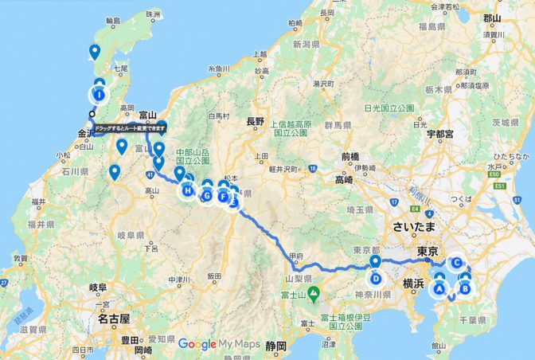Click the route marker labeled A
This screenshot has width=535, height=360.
[438, 289]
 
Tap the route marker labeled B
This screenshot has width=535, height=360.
[466, 289]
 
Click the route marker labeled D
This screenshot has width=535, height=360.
[375, 278]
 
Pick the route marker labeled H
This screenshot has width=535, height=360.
[187, 191]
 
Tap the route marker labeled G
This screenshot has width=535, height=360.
[207, 196]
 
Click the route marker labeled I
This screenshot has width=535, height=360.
[99, 95]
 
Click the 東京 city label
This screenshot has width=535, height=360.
[428, 251]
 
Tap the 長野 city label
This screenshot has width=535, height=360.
[255, 122]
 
